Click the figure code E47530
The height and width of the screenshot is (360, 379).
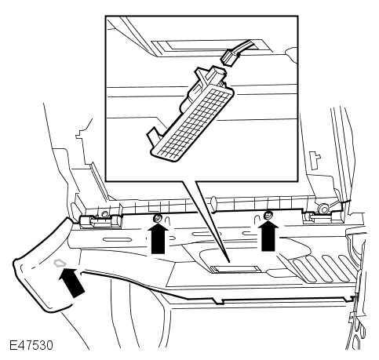click(x=31, y=345)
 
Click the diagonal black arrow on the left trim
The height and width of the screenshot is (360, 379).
click(x=71, y=282)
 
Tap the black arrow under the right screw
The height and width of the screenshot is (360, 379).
click(x=268, y=236)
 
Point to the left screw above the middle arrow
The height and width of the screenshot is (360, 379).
click(x=158, y=217)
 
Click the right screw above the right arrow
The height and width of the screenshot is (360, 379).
click(x=268, y=214)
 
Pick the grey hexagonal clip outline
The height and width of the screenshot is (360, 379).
click(x=59, y=263)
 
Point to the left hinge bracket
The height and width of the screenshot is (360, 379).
click(x=100, y=221)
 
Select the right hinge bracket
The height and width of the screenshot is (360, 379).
click(x=323, y=215)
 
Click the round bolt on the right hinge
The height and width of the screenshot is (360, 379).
click(x=323, y=209)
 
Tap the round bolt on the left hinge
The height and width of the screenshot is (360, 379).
click(x=104, y=214)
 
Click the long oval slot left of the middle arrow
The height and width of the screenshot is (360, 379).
click(x=117, y=239)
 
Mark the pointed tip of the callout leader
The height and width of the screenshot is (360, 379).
click(x=229, y=262)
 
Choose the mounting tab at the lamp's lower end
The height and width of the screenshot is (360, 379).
click(x=153, y=136)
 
